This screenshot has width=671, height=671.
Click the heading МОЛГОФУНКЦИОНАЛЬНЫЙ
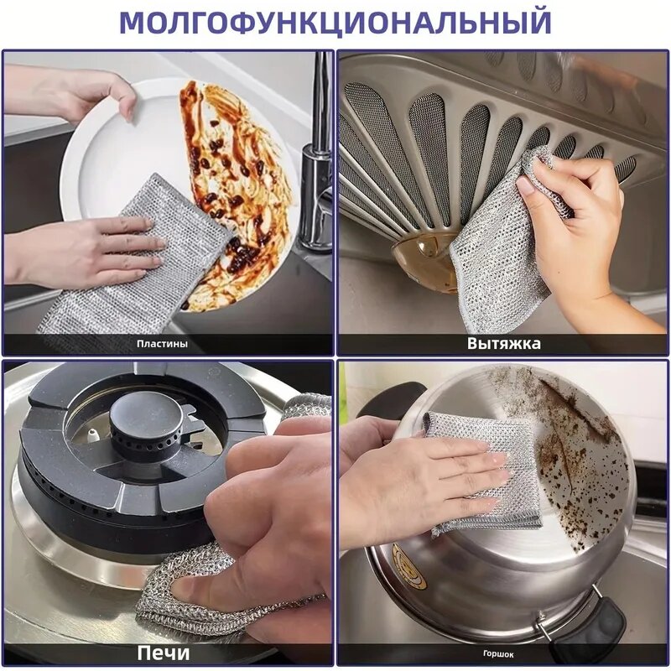pos(335,22)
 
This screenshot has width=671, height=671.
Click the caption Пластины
pos(162,344)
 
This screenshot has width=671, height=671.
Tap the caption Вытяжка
pos(503,344)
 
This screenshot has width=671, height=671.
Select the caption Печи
pos(164,653)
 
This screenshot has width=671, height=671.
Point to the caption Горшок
pos(498,653)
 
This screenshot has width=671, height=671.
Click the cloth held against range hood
pos(495,252)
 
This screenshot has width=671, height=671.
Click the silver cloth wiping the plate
pos(126,277)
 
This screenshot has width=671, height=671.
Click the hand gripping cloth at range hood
pos(579,226)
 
